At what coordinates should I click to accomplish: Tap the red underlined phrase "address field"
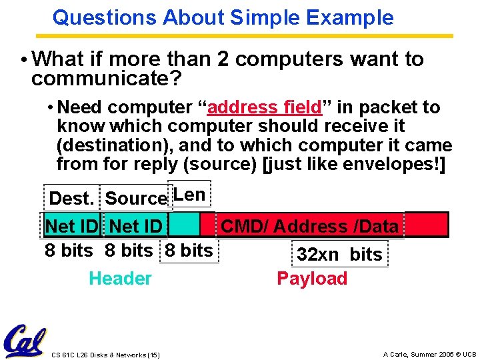(x=265, y=107)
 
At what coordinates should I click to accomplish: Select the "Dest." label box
(x=71, y=198)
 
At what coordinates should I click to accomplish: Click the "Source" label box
(x=136, y=198)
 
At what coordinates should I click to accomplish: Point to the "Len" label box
(x=189, y=194)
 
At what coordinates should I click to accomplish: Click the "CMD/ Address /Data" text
(x=309, y=226)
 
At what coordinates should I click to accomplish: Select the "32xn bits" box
(x=339, y=254)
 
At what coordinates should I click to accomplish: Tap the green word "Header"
(x=120, y=279)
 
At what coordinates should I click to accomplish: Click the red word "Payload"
(x=312, y=279)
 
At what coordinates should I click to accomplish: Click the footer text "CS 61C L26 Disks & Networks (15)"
(x=105, y=354)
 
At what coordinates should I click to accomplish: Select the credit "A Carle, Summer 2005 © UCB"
(x=429, y=354)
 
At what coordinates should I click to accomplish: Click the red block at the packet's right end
(x=427, y=225)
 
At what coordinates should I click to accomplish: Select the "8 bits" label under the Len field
(x=189, y=251)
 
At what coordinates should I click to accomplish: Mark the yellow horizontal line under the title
(x=253, y=36)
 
